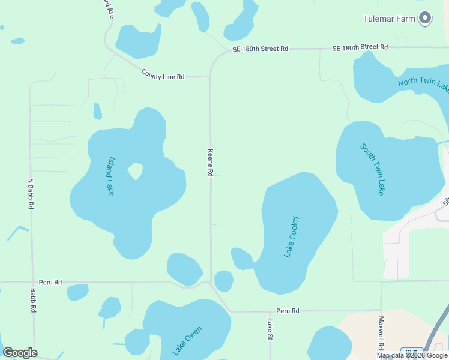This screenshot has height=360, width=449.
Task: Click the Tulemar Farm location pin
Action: coord(425,18)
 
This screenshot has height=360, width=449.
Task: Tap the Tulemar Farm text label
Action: coord(389,19)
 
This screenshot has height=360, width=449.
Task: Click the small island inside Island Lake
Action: coord(136,172)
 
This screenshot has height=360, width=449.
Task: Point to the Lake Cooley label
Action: coord(291,237)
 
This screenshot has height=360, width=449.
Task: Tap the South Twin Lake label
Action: coord(372,169)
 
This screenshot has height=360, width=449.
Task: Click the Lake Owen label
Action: coord(187,340)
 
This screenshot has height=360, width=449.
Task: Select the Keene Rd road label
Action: coord(211,163)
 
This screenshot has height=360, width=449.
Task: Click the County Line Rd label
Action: coord(163,74)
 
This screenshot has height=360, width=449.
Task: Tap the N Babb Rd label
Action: coord(31,193)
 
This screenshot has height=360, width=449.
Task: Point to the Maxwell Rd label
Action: coord(381,334)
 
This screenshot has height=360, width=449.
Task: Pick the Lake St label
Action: coord(270,329)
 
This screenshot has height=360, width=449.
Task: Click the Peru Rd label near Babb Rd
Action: coord(50,281)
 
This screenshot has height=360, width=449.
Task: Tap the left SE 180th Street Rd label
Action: coord(260,49)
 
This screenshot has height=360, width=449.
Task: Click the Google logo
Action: coord(20,353)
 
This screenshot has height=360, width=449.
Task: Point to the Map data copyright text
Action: coord(412,355)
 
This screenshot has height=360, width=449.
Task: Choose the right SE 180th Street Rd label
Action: coord(360,47)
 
